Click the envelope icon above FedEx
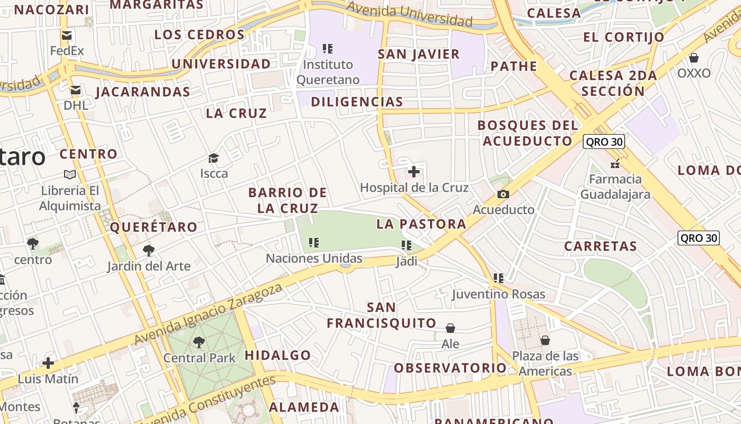67,36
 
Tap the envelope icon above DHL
76,90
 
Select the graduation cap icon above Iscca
213,158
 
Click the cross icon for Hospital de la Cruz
414,172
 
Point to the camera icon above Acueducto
503,195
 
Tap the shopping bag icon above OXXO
693,57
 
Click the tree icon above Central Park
199,342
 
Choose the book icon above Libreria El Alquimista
70,174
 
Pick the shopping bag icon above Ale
450,329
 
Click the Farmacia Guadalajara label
615,187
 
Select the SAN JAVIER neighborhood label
419,54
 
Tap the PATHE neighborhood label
513,66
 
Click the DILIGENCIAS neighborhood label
357,101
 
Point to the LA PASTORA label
421,224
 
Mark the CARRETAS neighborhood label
600,246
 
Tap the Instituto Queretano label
328,72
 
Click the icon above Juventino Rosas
498,278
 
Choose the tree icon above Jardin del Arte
149,250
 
